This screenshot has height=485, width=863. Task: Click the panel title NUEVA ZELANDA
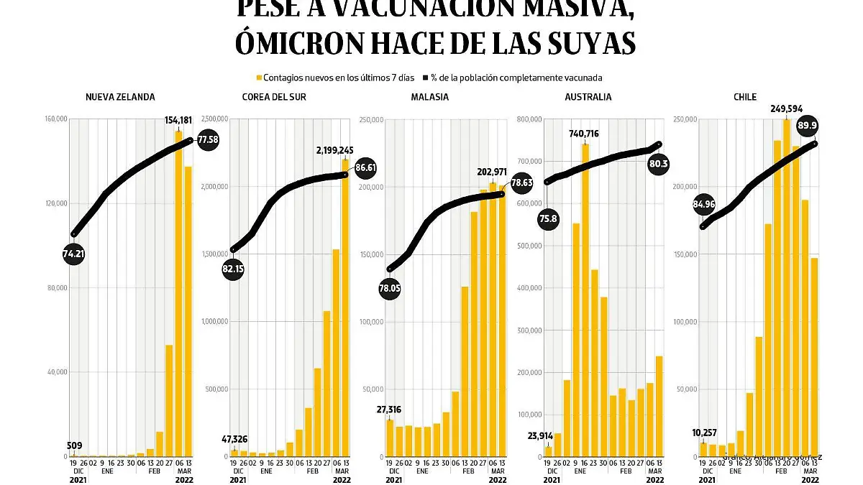click(120, 97)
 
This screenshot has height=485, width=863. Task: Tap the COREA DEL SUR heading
click(274, 97)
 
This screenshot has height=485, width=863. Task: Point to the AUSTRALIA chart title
click(588, 97)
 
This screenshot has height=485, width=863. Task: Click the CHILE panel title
click(745, 97)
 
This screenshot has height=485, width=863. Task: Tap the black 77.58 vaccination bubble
click(208, 139)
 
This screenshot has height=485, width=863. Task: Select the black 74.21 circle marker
click(74, 254)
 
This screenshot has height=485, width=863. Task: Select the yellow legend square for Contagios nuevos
click(259, 78)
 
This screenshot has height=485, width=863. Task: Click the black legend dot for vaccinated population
click(425, 78)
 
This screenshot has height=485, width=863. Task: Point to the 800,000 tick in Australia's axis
click(530, 119)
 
